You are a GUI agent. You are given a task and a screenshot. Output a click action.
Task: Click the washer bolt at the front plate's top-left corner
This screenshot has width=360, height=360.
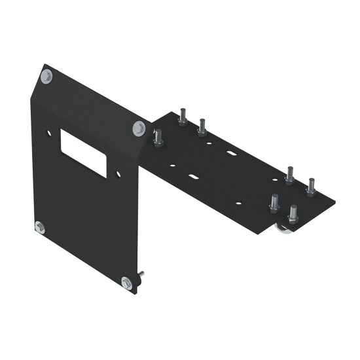(x=46, y=77)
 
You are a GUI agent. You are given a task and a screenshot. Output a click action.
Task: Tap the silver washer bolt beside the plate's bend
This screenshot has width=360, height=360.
(x=138, y=128)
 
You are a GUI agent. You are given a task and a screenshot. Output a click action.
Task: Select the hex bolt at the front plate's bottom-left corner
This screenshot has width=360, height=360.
(x=39, y=228)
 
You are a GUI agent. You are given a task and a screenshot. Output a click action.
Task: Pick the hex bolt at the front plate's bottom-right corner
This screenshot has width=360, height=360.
(x=126, y=282)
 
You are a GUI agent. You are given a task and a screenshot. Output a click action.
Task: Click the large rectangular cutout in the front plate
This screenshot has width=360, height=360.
(x=83, y=153)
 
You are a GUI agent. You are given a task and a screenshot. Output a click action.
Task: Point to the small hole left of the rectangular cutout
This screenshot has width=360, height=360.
(x=48, y=133)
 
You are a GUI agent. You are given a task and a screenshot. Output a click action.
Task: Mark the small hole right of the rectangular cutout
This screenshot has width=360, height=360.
(x=118, y=174)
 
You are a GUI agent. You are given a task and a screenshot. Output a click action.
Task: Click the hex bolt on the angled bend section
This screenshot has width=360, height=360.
(x=158, y=138)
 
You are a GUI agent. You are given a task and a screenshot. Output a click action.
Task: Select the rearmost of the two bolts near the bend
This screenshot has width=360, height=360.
(x=183, y=117)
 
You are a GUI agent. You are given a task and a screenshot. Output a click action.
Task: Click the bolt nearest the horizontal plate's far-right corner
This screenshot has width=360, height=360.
(x=311, y=188)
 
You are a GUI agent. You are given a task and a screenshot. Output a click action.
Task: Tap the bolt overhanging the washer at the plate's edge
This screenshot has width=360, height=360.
(x=293, y=214)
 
